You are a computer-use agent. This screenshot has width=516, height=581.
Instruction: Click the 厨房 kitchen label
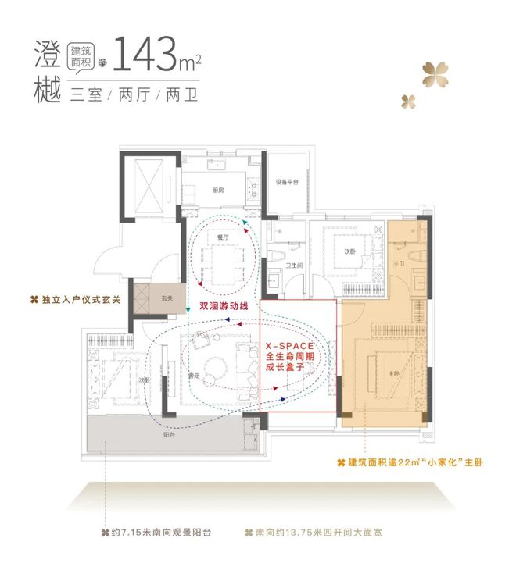(x=218, y=190)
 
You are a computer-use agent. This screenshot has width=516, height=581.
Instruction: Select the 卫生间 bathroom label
(x=294, y=266)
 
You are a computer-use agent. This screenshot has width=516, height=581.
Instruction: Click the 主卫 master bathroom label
(x=399, y=264)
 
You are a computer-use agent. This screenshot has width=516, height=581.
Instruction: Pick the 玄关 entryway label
(x=167, y=298)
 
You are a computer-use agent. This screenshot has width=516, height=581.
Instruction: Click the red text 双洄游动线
(x=223, y=306)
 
